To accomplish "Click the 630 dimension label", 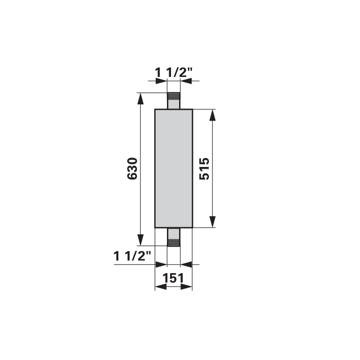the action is pyautogui.click(x=132, y=168).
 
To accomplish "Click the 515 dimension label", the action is pyautogui.click(x=204, y=168).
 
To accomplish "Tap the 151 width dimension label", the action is pyautogui.click(x=173, y=278).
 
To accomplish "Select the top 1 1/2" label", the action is pyautogui.click(x=174, y=72).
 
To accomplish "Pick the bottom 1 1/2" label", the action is pyautogui.click(x=132, y=256).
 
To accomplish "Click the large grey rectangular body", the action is pyautogui.click(x=174, y=168).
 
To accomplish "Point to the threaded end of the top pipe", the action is pyautogui.click(x=174, y=96).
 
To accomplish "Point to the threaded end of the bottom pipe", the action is pyautogui.click(x=174, y=243).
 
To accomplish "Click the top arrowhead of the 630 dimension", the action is pyautogui.click(x=140, y=99).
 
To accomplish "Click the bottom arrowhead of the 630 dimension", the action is pyautogui.click(x=140, y=240).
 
